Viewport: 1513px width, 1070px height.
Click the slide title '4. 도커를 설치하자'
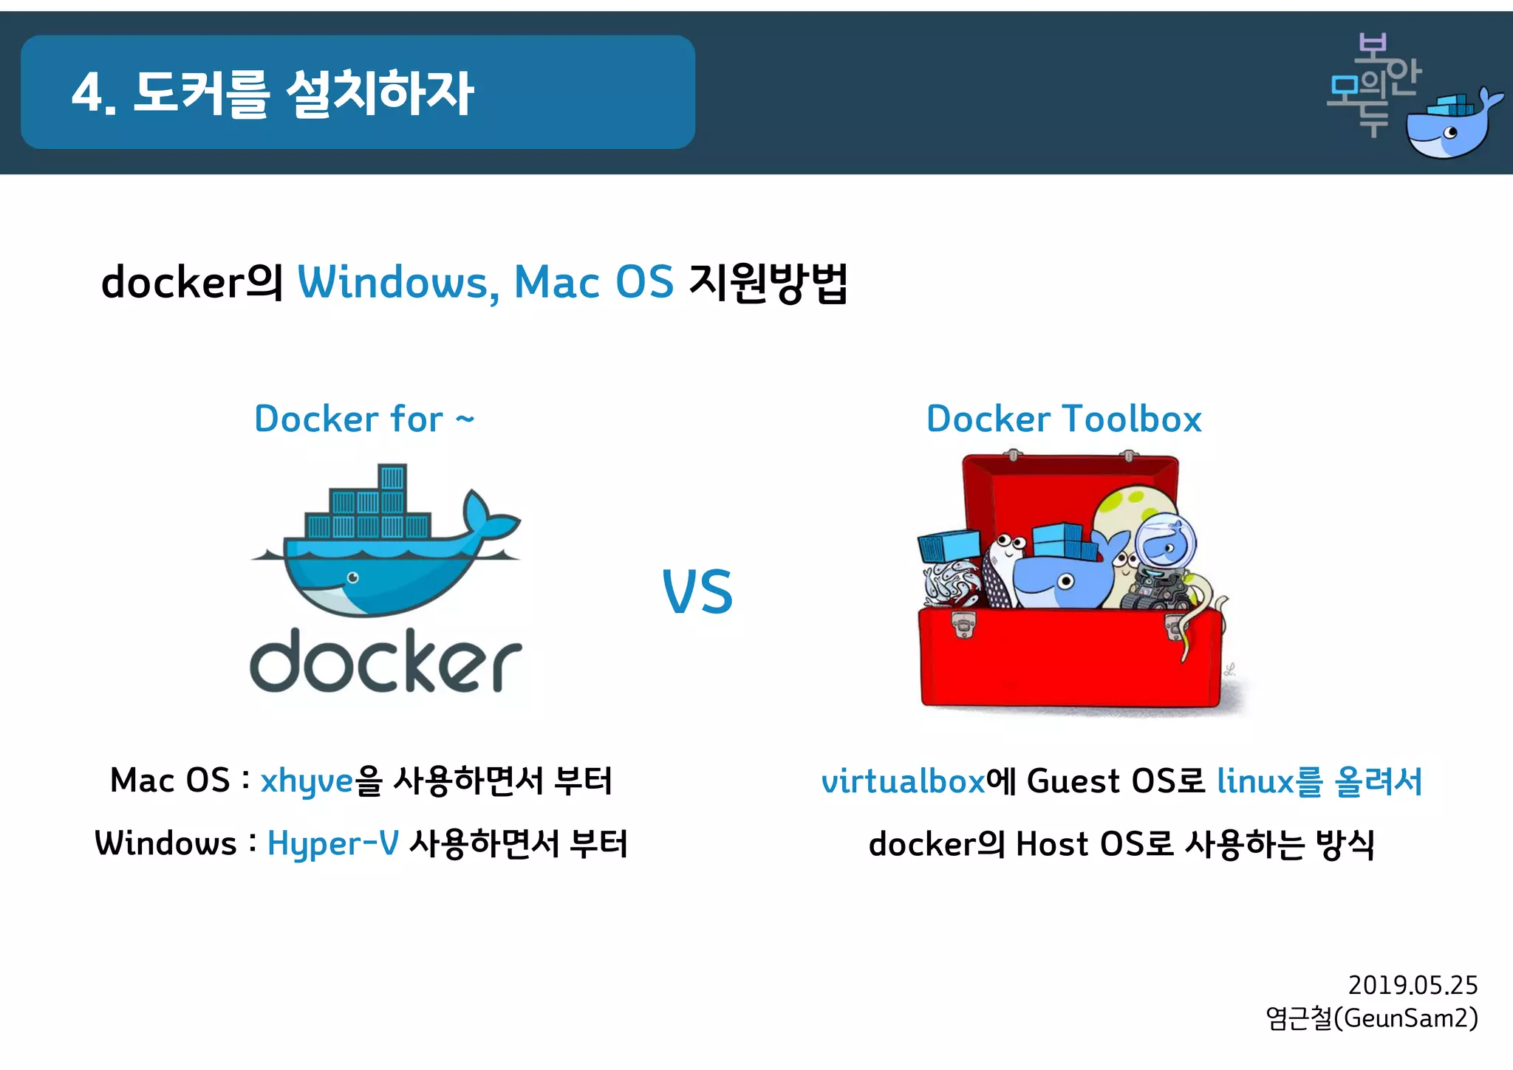click(x=273, y=93)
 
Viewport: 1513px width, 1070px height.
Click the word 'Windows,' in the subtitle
click(x=397, y=283)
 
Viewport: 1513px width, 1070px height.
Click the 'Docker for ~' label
click(x=363, y=419)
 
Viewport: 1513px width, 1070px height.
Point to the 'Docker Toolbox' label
click(x=1064, y=419)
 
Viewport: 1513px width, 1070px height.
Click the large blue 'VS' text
click(x=697, y=592)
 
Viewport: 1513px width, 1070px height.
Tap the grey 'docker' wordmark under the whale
click(x=386, y=662)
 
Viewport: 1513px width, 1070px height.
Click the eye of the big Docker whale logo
click(x=353, y=577)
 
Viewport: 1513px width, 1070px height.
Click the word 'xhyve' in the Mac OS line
click(x=307, y=781)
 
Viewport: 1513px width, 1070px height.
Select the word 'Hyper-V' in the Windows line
click(x=332, y=844)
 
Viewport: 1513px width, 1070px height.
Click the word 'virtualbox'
click(x=903, y=781)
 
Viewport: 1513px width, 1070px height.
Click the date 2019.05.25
click(x=1413, y=985)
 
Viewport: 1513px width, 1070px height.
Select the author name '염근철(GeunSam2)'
click(x=1371, y=1018)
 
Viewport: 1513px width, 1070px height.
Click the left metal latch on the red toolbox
click(x=963, y=625)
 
